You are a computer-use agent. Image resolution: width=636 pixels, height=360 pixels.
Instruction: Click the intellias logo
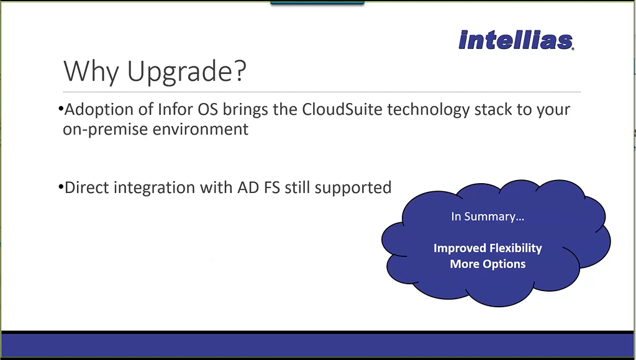516,40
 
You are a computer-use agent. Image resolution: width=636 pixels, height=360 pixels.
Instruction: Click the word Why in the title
91,71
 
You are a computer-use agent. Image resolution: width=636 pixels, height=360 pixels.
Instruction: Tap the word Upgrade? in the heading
187,72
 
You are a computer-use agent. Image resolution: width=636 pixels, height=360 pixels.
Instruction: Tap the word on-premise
106,130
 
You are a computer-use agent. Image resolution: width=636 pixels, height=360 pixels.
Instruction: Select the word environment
201,129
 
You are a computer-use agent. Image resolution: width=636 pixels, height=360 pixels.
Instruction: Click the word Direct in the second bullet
87,187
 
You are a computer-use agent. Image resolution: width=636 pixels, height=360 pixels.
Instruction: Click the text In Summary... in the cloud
488,217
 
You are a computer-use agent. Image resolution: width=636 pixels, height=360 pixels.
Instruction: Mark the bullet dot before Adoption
61,109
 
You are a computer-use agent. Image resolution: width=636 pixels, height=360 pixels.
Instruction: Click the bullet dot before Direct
61,187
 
